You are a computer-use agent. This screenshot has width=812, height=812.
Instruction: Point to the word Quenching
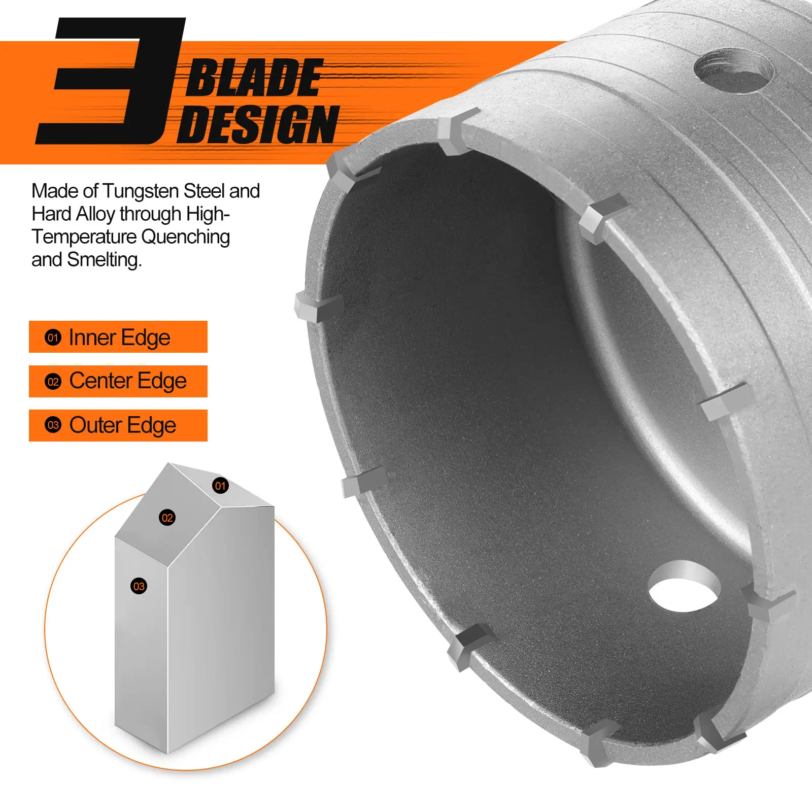185,237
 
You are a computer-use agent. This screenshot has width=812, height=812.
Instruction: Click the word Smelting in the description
105,260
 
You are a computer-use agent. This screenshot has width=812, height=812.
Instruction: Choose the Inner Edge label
118,337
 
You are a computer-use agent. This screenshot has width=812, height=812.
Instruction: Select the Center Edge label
118,381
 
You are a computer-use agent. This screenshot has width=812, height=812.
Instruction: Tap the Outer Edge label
118,425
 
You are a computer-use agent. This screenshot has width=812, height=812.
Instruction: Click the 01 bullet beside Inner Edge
53,337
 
